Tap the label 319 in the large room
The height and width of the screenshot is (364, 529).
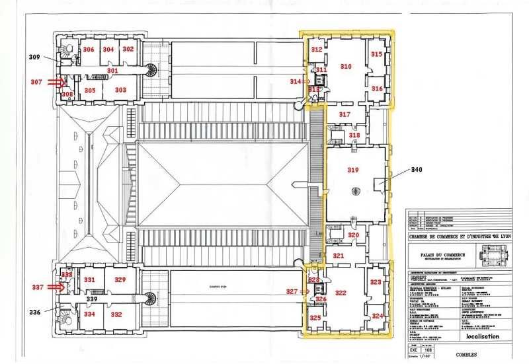click(353, 170)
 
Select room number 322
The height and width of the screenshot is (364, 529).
click(341, 292)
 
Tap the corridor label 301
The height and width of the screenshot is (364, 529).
click(112, 70)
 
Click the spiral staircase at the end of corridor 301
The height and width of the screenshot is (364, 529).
click(151, 69)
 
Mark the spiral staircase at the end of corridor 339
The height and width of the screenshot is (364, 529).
click(151, 298)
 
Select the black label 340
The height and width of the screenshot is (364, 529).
click(416, 169)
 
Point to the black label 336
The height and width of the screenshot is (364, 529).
click(34, 311)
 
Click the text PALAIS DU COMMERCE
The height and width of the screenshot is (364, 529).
click(436, 254)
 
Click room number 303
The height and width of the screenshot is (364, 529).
click(120, 90)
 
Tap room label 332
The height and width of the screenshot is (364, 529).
click(116, 314)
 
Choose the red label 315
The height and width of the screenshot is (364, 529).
click(376, 54)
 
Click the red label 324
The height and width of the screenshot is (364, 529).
click(377, 316)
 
